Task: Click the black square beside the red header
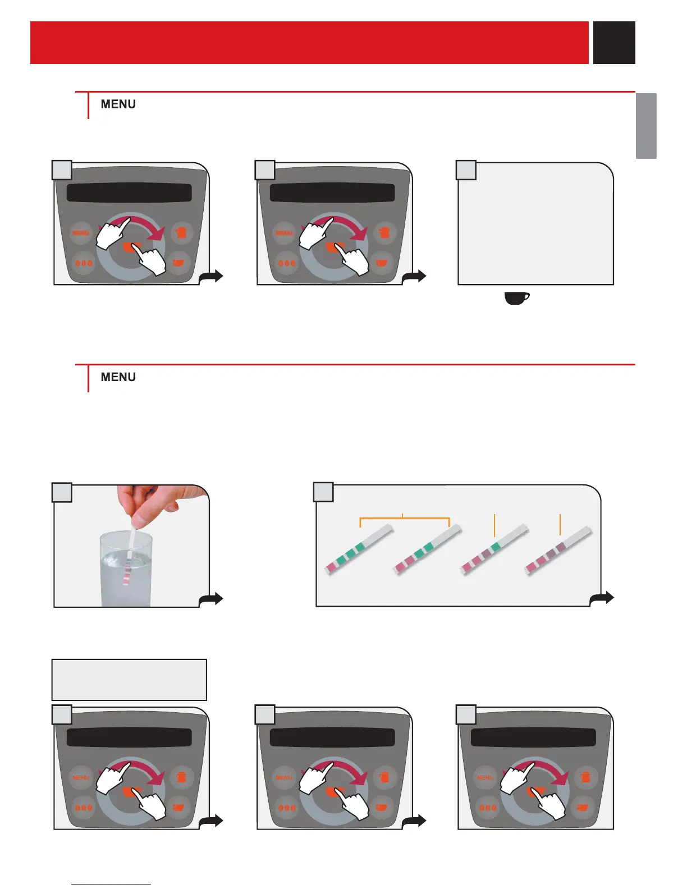point(614,43)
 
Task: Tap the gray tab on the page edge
point(646,126)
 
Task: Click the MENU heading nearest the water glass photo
point(118,377)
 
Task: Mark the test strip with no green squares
point(558,550)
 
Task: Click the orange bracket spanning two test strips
point(404,518)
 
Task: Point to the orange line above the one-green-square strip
point(494,525)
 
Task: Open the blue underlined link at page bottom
point(111,885)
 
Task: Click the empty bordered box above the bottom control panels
point(129,680)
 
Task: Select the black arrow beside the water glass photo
point(212,599)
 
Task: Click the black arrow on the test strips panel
point(602,598)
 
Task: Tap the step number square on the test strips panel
point(323,492)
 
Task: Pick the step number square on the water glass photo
point(62,492)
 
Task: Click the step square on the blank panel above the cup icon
point(466,170)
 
